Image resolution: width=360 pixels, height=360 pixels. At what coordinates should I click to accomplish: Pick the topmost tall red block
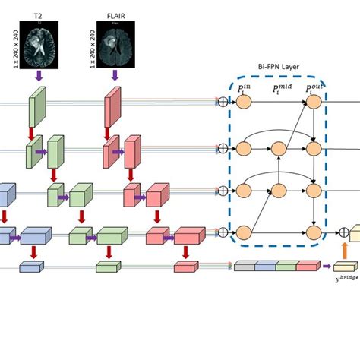(x=112, y=106)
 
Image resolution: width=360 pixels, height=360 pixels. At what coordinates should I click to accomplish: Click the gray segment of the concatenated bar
(x=244, y=266)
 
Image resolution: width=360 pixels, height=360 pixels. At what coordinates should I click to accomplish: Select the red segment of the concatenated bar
(x=308, y=266)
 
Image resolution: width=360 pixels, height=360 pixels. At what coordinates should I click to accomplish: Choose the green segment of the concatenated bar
(x=286, y=266)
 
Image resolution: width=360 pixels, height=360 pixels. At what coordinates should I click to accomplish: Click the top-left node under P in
(x=244, y=102)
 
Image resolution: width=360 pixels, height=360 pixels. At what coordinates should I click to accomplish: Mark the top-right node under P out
(x=313, y=102)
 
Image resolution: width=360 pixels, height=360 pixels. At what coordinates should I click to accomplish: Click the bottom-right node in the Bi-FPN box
(x=313, y=232)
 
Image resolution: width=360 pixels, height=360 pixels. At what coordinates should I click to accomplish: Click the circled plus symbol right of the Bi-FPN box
(x=343, y=232)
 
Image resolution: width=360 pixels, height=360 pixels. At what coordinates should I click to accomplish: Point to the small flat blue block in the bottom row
(x=32, y=267)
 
